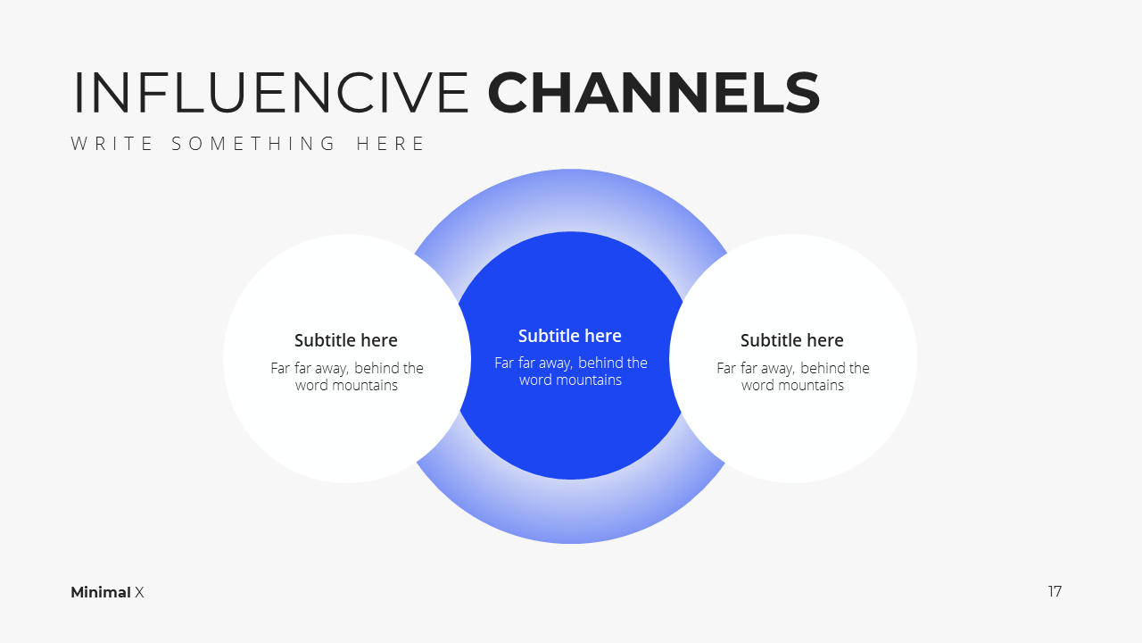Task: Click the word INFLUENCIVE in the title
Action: tap(271, 92)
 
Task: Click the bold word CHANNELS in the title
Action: tap(654, 92)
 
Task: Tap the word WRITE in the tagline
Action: tap(112, 144)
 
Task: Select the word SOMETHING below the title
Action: tap(253, 144)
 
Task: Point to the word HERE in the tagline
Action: tap(391, 144)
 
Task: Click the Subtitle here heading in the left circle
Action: tap(345, 340)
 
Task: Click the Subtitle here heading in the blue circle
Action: tap(570, 336)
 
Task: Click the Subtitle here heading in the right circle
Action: tap(791, 340)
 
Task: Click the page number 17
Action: tap(1055, 591)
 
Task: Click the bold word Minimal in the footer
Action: tap(101, 592)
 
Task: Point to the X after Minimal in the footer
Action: tap(139, 592)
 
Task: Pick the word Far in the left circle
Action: tap(280, 368)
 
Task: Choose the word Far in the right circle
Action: tap(726, 368)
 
